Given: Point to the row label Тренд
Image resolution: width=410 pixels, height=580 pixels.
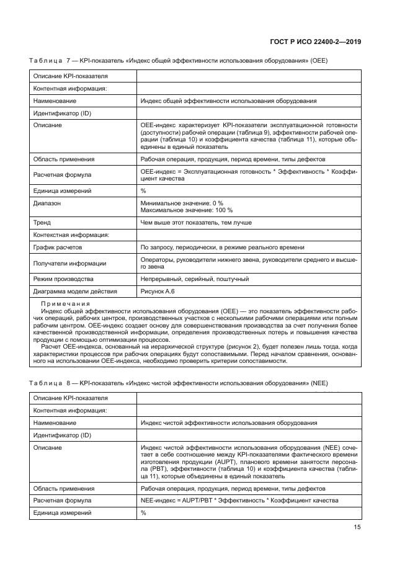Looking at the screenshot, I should [42, 221].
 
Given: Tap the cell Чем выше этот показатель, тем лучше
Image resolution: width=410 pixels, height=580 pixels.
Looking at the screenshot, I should [197, 221].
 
